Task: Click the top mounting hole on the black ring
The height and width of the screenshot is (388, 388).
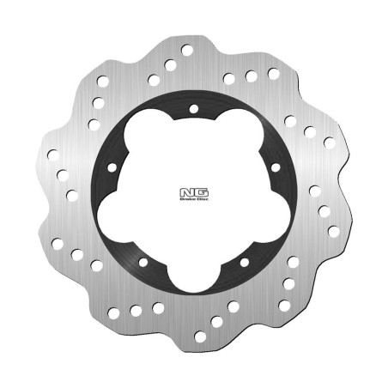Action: [x=193, y=109]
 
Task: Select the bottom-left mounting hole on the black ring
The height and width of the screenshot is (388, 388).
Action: [x=143, y=262]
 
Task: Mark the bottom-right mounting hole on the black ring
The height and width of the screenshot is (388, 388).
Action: [x=245, y=260]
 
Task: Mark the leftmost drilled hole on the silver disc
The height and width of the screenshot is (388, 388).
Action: [x=52, y=156]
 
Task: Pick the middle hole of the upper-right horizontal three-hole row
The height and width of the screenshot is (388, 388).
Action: [x=252, y=76]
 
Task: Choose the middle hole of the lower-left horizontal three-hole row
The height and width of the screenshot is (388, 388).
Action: [x=136, y=309]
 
